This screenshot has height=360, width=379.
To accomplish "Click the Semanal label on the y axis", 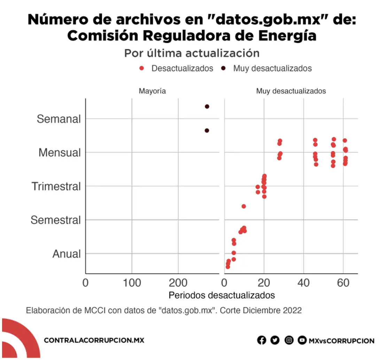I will pyautogui.click(x=59, y=119).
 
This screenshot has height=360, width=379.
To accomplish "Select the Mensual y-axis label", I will pyautogui.click(x=60, y=152).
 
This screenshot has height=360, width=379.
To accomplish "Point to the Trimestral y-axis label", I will pyautogui.click(x=56, y=186).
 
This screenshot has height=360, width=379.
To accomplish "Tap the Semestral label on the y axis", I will pyautogui.click(x=55, y=220).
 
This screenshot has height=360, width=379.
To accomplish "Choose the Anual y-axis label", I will pyautogui.click(x=66, y=254).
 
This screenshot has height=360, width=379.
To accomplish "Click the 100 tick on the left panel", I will pyautogui.click(x=132, y=283).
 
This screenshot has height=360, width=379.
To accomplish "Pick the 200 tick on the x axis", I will pyautogui.click(x=178, y=283).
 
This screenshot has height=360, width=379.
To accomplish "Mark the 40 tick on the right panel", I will pyautogui.click(x=303, y=283).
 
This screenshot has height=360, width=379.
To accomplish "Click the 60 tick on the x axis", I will pyautogui.click(x=343, y=283).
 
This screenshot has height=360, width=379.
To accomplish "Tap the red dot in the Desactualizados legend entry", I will pyautogui.click(x=141, y=68).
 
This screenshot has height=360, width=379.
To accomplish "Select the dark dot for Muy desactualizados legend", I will pyautogui.click(x=223, y=68).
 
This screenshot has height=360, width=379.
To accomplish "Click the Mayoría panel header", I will pyautogui.click(x=152, y=91).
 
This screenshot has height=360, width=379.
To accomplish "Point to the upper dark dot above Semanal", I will pyautogui.click(x=207, y=107).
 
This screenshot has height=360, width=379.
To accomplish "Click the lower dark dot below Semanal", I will pyautogui.click(x=207, y=131).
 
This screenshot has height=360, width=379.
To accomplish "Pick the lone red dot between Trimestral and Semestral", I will pyautogui.click(x=244, y=206).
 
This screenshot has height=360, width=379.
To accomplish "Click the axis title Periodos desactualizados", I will pyautogui.click(x=222, y=295).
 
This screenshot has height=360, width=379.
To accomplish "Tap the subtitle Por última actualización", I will pyautogui.click(x=192, y=53).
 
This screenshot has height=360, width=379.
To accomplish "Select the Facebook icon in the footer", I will pyautogui.click(x=262, y=340).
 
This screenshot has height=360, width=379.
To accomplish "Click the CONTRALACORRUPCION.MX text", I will pyautogui.click(x=94, y=340).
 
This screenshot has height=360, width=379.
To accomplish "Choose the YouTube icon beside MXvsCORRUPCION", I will pyautogui.click(x=302, y=340).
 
